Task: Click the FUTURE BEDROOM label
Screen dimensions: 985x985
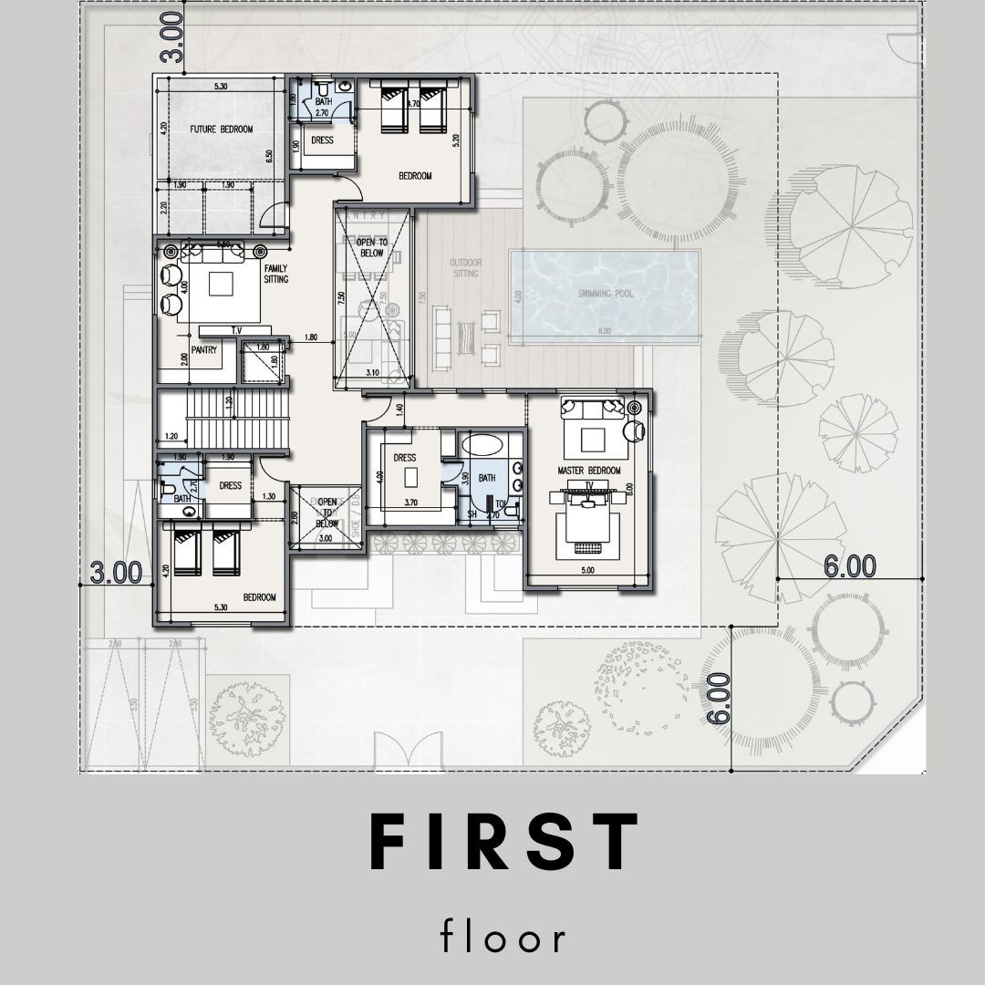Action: coord(221,130)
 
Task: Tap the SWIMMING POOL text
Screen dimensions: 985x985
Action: coord(606,294)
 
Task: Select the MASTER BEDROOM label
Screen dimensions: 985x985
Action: coord(589,471)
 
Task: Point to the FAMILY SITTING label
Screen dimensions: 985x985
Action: coord(276,274)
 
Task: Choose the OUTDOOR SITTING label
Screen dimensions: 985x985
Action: coord(465,267)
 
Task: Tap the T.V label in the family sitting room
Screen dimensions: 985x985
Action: coord(236,330)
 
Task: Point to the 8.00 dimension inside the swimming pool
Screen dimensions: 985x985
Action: coord(605,331)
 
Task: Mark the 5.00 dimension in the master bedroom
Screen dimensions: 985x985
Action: coord(588,571)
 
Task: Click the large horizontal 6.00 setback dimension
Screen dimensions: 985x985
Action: coord(849,566)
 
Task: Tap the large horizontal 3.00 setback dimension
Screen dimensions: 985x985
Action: coord(116,572)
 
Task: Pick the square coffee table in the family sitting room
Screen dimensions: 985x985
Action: coord(223,285)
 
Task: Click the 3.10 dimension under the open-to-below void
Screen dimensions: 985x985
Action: coord(372,373)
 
